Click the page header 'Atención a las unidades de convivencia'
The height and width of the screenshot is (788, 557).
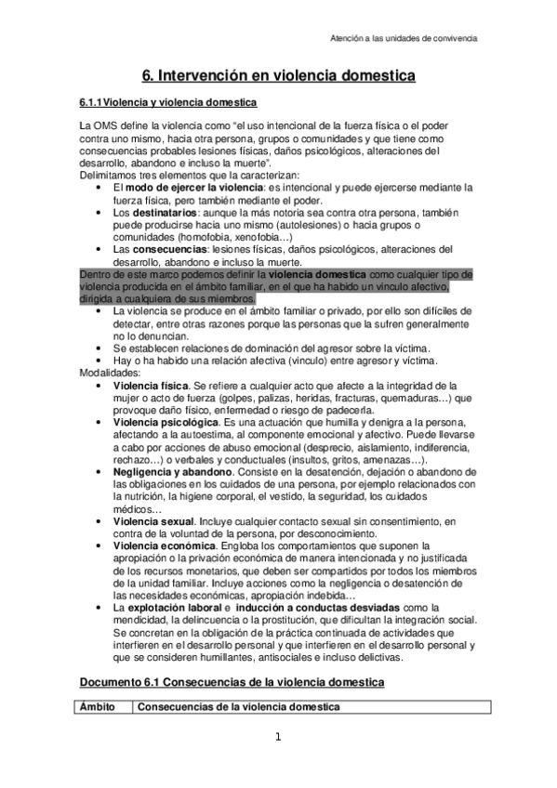[x=404, y=39]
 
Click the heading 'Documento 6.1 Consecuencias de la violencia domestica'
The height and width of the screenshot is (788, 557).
[x=230, y=682]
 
